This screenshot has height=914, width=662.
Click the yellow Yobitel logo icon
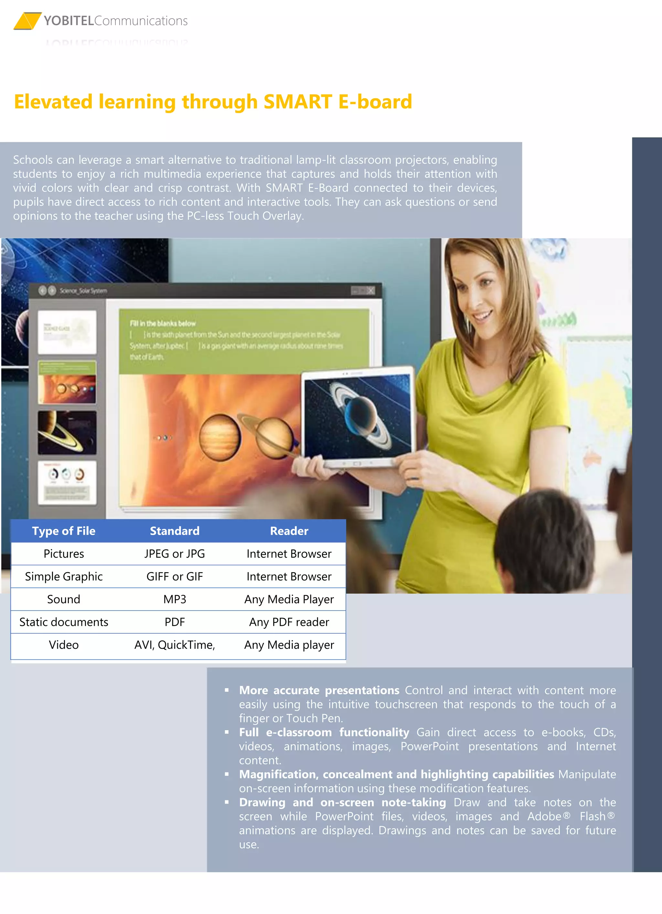pyautogui.click(x=27, y=21)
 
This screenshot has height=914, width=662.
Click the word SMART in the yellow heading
pyautogui.click(x=297, y=101)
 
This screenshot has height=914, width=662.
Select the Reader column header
pyautogui.click(x=289, y=531)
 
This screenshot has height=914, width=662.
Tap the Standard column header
pyautogui.click(x=175, y=531)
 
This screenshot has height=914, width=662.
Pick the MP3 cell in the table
pyautogui.click(x=175, y=599)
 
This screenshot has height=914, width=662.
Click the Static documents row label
pyautogui.click(x=64, y=622)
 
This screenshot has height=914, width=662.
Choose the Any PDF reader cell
pyautogui.click(x=289, y=622)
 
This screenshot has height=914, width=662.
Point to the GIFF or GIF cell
pyautogui.click(x=175, y=576)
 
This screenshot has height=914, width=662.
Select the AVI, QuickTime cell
pyautogui.click(x=175, y=645)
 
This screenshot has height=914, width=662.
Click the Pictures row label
pyautogui.click(x=64, y=554)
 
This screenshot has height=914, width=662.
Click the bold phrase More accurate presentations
pyautogui.click(x=319, y=690)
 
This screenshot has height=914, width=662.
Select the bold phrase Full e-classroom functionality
pyautogui.click(x=324, y=732)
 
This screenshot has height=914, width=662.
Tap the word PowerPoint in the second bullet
pyautogui.click(x=429, y=746)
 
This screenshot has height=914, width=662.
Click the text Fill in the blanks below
pyautogui.click(x=163, y=323)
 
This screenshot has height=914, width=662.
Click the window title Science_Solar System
pyautogui.click(x=83, y=290)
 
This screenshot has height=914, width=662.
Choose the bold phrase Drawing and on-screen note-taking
pyautogui.click(x=342, y=802)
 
